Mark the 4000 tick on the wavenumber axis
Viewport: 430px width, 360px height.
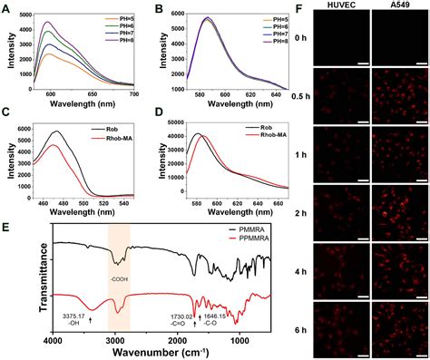pos(54,341)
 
